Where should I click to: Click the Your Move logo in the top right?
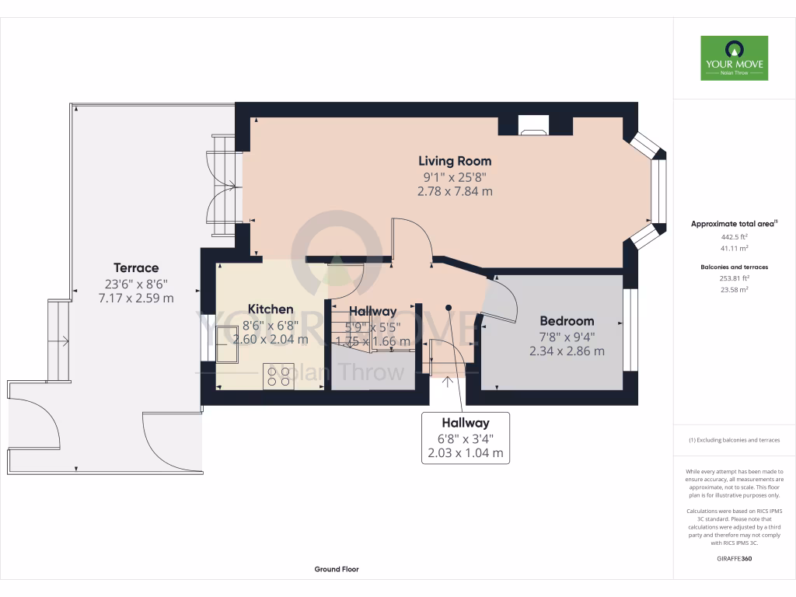click(x=734, y=58)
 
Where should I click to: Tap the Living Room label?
click(x=455, y=161)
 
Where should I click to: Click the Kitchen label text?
click(x=271, y=309)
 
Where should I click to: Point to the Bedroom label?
click(x=567, y=320)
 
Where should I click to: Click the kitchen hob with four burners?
click(x=279, y=375)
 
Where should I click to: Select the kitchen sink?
click(x=227, y=344)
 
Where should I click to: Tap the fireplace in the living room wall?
click(x=533, y=125)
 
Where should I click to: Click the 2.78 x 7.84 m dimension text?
click(x=455, y=191)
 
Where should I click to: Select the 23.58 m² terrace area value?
click(x=734, y=289)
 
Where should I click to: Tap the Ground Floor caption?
click(x=336, y=569)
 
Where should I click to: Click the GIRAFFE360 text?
click(x=734, y=559)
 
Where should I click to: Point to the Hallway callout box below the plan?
click(x=466, y=438)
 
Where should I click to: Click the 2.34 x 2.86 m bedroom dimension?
click(x=567, y=351)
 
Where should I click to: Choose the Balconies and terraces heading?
click(x=734, y=267)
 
